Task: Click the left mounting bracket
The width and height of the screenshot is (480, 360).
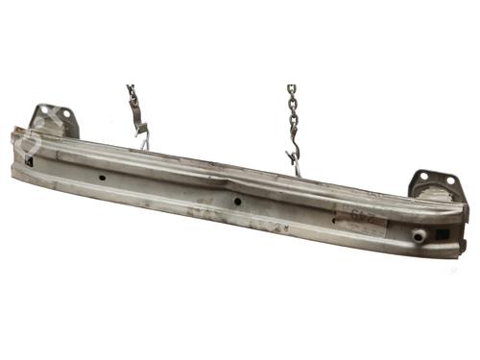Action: pyautogui.click(x=54, y=121)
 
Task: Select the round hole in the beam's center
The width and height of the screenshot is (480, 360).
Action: pyautogui.click(x=236, y=202)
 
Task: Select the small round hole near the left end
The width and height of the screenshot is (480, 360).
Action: pyautogui.click(x=102, y=177)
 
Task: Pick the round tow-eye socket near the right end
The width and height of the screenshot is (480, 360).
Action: pyautogui.click(x=420, y=234)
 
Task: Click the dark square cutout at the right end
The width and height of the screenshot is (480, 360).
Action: pyautogui.click(x=442, y=234)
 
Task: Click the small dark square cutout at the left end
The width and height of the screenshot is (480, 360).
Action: pyautogui.click(x=32, y=161)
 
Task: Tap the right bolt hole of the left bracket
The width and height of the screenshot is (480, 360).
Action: pyautogui.click(x=66, y=114)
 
